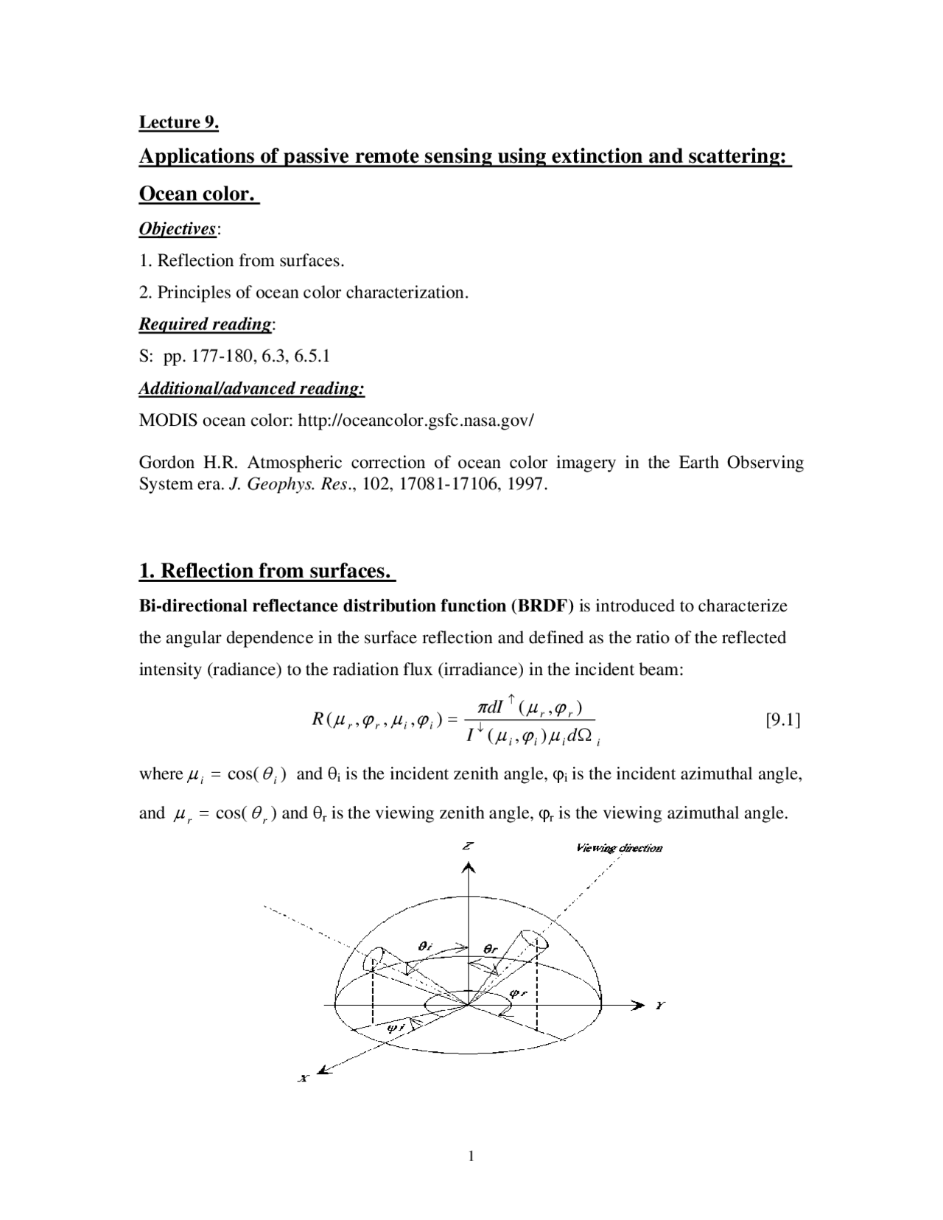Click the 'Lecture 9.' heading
179,122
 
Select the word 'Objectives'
178,229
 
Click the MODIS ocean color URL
416,421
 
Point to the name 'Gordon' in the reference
166,463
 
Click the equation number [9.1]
783,719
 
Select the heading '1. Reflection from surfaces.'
266,571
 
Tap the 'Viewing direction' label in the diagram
619,848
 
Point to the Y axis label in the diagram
660,1005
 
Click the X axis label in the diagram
303,1078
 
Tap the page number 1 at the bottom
471,1156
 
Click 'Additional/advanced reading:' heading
252,388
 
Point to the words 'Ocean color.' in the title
198,194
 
